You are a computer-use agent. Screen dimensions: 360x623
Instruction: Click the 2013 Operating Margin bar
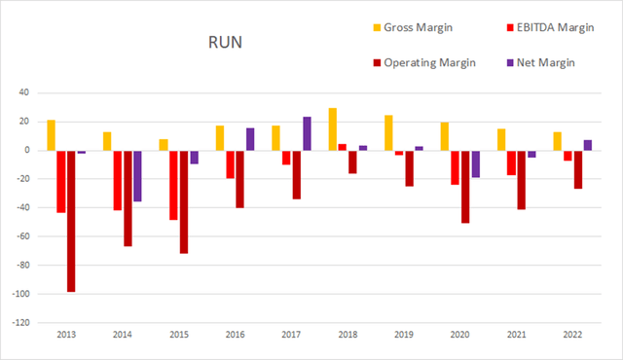click(x=71, y=221)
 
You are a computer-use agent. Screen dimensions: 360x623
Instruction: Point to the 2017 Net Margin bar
click(x=307, y=133)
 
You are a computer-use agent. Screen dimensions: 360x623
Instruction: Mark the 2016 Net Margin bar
click(x=250, y=139)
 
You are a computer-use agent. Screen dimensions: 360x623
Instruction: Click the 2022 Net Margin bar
click(x=589, y=145)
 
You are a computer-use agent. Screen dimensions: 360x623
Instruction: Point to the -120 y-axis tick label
click(x=19, y=322)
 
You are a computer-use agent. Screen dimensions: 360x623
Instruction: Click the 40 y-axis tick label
click(x=24, y=92)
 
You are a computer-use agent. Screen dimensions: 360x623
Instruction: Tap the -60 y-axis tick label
click(x=21, y=236)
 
